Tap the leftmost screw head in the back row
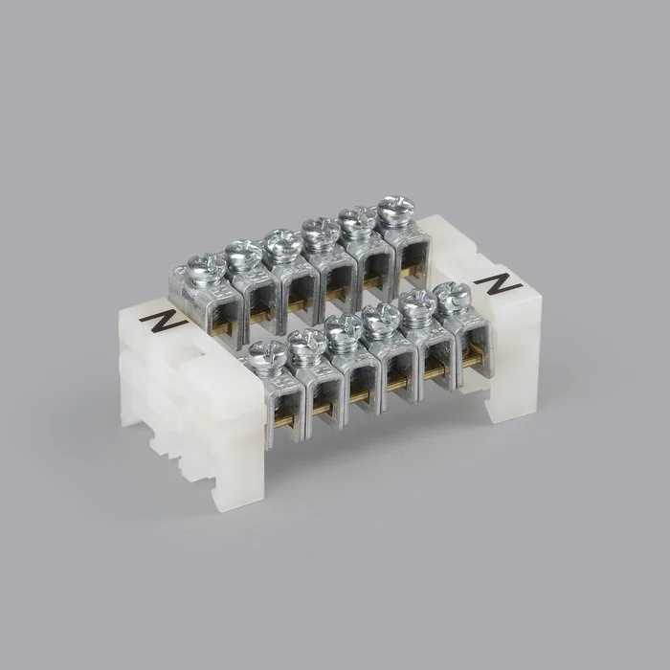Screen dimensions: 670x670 207,267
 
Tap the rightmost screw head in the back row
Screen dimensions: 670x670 396,209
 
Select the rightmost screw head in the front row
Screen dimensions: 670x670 452,295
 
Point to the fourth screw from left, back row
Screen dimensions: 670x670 321,231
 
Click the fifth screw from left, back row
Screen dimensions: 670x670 358,219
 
